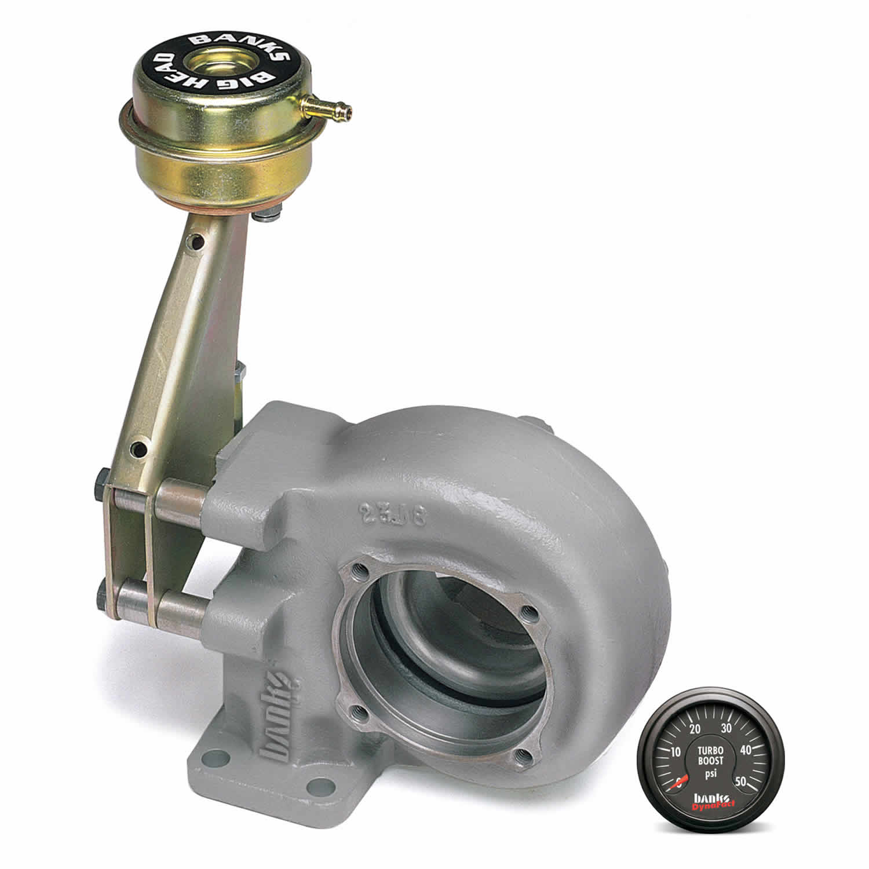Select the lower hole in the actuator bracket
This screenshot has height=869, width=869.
(x=138, y=447)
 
